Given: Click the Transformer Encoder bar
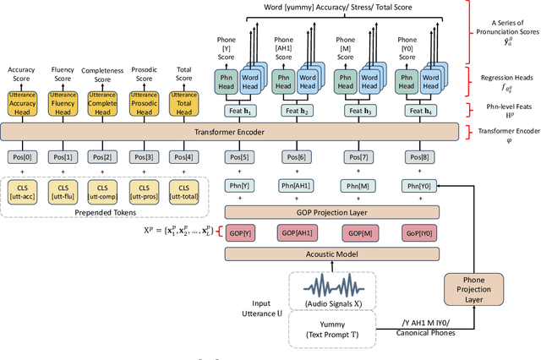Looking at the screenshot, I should (228, 132).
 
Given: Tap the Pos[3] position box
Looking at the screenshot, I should (143, 157).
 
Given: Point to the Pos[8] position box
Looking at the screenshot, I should (417, 157).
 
